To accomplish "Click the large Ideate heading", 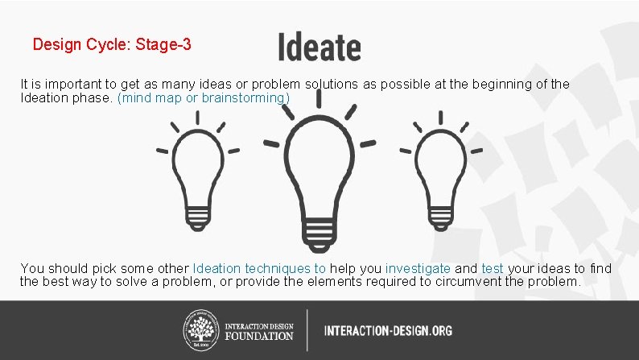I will pos(319,47).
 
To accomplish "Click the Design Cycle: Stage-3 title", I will pos(112,45).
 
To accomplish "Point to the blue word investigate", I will pos(418,268).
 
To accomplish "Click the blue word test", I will pos(492,268).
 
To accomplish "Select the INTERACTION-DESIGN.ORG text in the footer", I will pos(388,330).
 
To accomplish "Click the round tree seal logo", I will pos(201,329).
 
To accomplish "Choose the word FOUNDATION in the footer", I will pos(259,336).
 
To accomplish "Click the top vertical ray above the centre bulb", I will pos(319,97).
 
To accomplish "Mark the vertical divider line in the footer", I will pos(307,329).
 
